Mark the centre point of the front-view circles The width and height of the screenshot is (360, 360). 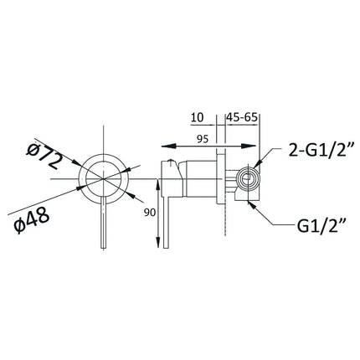click(102, 178)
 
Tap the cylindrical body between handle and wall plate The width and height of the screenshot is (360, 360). click(198, 177)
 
